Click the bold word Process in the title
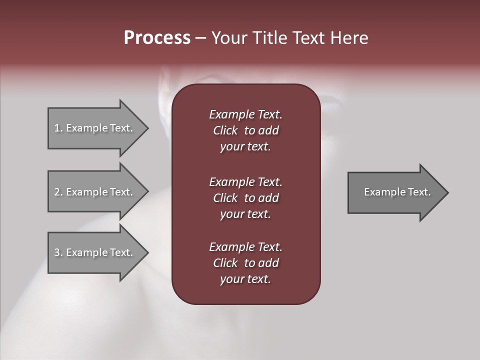[157, 38]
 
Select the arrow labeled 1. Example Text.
[95, 128]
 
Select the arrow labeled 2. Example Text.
[95, 192]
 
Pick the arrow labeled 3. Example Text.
[95, 252]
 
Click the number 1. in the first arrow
[58, 128]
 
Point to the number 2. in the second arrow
[58, 192]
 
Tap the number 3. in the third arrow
[58, 252]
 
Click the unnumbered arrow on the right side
[395, 192]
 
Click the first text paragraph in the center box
[245, 130]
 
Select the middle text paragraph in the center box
[245, 198]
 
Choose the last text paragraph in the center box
[245, 263]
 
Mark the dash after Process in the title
[200, 38]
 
